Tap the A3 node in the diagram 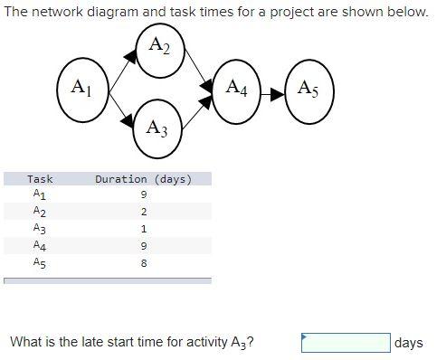tap(157, 128)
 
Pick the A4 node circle tap(237, 89)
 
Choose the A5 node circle tap(308, 89)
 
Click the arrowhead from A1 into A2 tap(131, 56)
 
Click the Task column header tap(41, 179)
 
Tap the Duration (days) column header tap(144, 179)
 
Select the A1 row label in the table tap(39, 194)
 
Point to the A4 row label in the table tap(39, 246)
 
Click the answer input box tap(346, 343)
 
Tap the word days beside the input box tap(409, 343)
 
